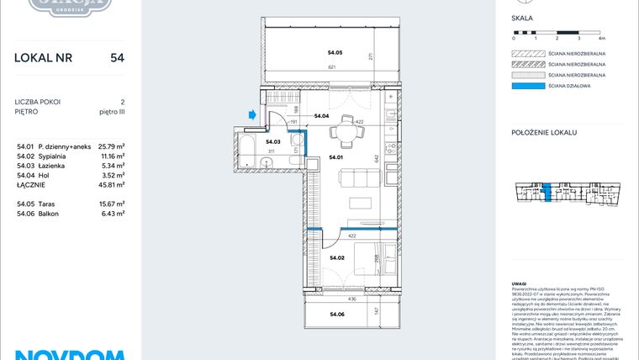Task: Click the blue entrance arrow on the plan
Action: tap(251, 115)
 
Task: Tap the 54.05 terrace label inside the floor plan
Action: tap(335, 52)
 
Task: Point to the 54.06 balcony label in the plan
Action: tap(337, 314)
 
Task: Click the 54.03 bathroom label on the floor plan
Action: tap(272, 142)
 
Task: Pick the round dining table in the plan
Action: tap(340, 131)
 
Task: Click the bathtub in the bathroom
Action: tap(247, 151)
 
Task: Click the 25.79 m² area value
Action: tap(111, 146)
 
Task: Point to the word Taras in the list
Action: tap(58, 204)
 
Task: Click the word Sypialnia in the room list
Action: tap(65, 156)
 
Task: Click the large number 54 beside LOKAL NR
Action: tap(117, 58)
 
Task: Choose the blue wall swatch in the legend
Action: tap(527, 85)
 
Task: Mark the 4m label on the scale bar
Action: tap(601, 39)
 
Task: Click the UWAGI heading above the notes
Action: tap(520, 283)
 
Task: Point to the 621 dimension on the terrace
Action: tap(332, 67)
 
